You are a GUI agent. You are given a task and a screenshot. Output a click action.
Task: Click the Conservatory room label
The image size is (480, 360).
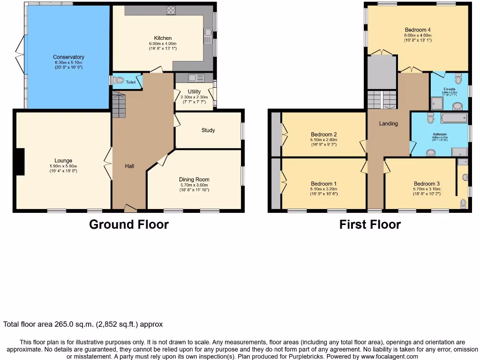pos(68,57)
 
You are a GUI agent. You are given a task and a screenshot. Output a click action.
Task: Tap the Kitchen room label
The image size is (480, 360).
pos(163,38)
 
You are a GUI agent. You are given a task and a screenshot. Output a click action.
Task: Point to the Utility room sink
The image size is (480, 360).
pos(194,78)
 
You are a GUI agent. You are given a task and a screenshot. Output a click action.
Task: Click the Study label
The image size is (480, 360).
pos(208,130)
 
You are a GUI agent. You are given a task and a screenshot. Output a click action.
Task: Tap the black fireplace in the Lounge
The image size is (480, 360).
pos(19,162)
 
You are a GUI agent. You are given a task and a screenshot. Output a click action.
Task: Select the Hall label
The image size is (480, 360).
pos(129,166)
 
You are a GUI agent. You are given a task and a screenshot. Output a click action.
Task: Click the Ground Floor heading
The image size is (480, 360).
pos(129,225)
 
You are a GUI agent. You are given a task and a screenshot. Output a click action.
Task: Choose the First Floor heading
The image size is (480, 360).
pos(370,225)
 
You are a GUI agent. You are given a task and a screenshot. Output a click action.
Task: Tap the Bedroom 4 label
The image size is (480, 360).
pos(417,30)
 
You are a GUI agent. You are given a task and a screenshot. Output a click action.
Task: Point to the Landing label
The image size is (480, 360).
pos(388,124)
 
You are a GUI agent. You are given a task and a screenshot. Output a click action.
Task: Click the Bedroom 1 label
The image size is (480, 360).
pos(323,184)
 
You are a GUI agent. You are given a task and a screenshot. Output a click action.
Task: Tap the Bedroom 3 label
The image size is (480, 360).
pos(427,184)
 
